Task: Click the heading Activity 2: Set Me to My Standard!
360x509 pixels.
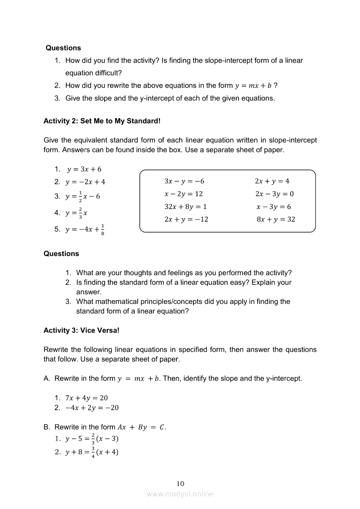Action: pyautogui.click(x=102, y=121)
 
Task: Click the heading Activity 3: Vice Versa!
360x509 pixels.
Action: pyautogui.click(x=82, y=330)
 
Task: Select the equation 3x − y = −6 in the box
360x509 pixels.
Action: pyautogui.click(x=184, y=181)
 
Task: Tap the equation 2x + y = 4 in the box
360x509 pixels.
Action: pyautogui.click(x=272, y=181)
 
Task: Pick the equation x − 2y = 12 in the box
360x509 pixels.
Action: pyautogui.click(x=183, y=194)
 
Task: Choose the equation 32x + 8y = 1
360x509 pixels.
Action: pyautogui.click(x=186, y=207)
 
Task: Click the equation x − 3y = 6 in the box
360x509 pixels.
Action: pyautogui.click(x=274, y=207)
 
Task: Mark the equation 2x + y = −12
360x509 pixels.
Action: pyautogui.click(x=186, y=219)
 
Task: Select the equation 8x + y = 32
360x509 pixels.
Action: pyautogui.click(x=275, y=219)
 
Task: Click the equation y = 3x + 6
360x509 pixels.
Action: pyautogui.click(x=84, y=169)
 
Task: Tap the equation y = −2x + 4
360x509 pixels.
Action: pyautogui.click(x=85, y=182)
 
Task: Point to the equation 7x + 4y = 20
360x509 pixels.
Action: pyautogui.click(x=86, y=398)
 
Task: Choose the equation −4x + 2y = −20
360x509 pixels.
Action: pyautogui.click(x=92, y=408)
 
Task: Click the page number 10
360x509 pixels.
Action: pyautogui.click(x=180, y=483)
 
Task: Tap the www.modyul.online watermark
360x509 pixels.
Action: pyautogui.click(x=180, y=494)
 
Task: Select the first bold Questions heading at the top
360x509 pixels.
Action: pyautogui.click(x=63, y=48)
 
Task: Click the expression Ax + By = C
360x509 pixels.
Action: pyautogui.click(x=141, y=427)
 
